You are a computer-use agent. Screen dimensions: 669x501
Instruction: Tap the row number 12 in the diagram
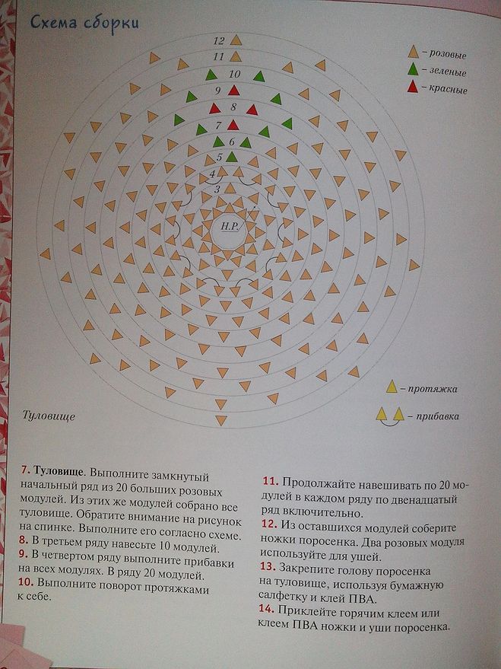220,40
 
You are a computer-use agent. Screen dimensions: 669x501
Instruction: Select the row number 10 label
235,75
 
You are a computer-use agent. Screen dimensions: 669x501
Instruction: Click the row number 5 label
220,157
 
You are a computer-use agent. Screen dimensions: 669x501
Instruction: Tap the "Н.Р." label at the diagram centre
230,228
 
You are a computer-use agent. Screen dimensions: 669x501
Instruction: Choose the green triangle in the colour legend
414,71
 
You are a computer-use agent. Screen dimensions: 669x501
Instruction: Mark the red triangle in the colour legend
414,88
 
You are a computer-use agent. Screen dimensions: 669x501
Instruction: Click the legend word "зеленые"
448,72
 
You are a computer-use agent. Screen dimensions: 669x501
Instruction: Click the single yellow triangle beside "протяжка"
392,387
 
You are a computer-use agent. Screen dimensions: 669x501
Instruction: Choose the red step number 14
267,612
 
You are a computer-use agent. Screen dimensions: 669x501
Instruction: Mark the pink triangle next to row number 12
236,40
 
